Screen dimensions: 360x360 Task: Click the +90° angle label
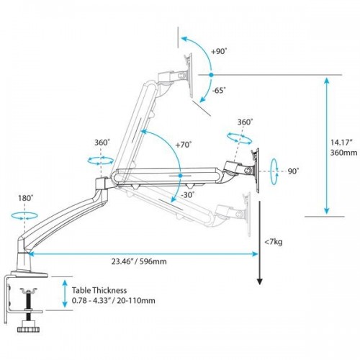click(220, 51)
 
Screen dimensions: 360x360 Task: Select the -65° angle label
click(220, 91)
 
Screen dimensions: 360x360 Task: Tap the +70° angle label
click(183, 144)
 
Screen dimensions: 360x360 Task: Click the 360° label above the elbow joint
click(102, 142)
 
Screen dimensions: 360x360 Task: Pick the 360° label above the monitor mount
click(245, 122)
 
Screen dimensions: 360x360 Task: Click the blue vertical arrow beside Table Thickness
click(65, 296)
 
